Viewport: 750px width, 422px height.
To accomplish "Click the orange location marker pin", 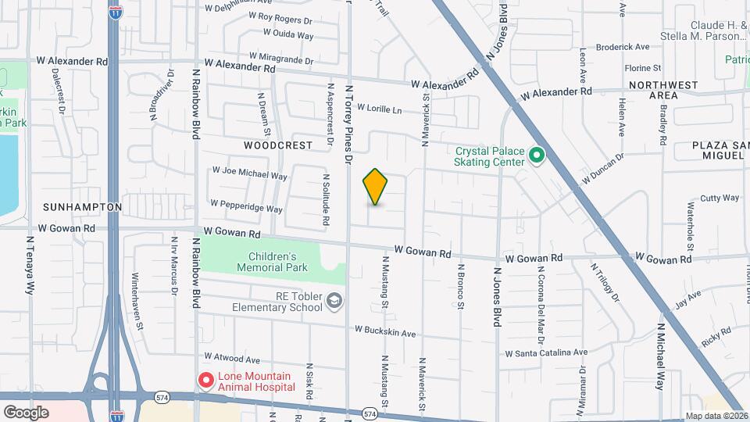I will click(376, 187).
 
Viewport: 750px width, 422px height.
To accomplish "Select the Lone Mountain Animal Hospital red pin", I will click(206, 381).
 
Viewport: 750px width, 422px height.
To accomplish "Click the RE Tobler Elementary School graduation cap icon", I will click(334, 301).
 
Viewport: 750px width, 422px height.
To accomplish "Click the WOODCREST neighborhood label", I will click(278, 145).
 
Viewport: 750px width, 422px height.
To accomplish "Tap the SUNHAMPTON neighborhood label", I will click(83, 207).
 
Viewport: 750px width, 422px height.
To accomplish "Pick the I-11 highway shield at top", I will click(115, 13).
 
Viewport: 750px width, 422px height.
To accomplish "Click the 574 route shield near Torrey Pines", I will click(370, 413).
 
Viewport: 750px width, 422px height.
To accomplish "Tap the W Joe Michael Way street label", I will click(250, 173).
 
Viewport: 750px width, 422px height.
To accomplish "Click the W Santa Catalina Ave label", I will click(545, 353).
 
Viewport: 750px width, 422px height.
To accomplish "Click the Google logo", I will click(26, 412).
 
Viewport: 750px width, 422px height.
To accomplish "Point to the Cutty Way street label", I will click(720, 198).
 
